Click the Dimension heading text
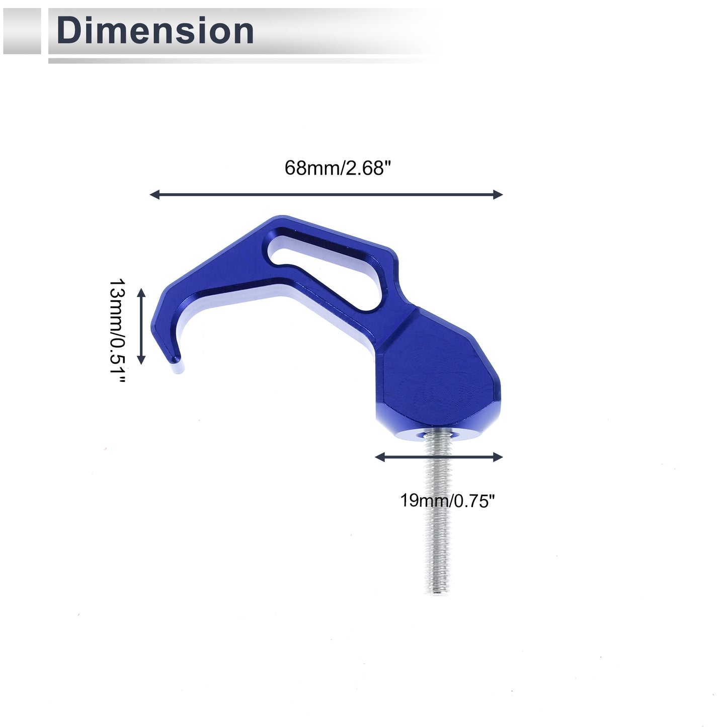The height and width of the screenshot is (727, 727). [x=155, y=31]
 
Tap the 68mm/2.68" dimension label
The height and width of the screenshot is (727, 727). [x=338, y=168]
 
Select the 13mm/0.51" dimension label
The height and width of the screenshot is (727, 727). [x=117, y=331]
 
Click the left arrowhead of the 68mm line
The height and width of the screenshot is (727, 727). [x=154, y=195]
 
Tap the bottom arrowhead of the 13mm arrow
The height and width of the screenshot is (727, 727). [x=141, y=360]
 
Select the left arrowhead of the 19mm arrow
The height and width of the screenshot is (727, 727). [x=379, y=457]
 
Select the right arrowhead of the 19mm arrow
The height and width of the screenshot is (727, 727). [x=499, y=457]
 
